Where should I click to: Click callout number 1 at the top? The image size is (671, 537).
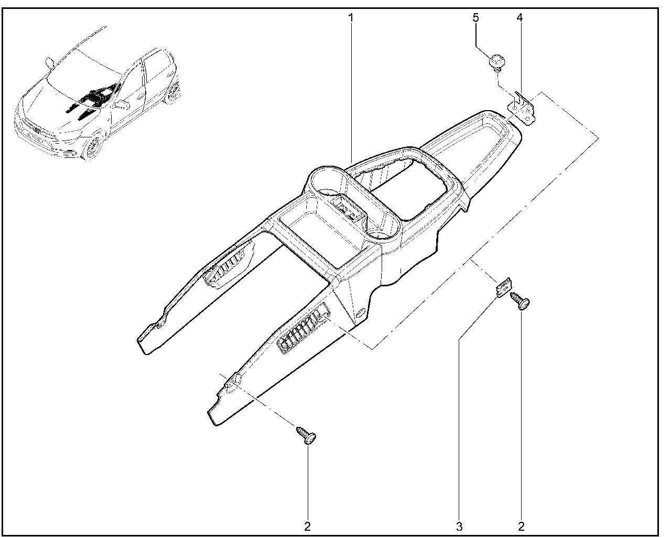351,18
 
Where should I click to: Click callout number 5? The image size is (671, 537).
475,18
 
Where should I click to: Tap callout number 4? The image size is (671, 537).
520,18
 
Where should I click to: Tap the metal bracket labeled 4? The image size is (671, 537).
523,110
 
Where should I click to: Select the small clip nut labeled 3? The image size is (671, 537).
503,288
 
